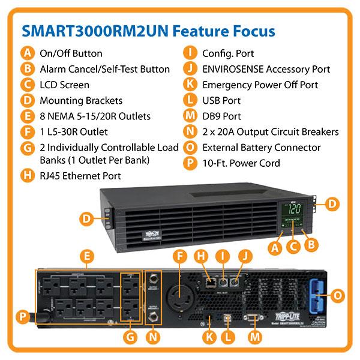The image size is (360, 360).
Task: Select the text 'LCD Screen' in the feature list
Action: click(x=64, y=85)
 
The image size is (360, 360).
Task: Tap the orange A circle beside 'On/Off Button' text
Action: click(x=27, y=53)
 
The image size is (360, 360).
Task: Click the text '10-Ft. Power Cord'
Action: click(x=241, y=163)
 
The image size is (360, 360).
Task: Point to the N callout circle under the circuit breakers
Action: click(x=153, y=337)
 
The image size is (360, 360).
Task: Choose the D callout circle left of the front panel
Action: click(x=86, y=219)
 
